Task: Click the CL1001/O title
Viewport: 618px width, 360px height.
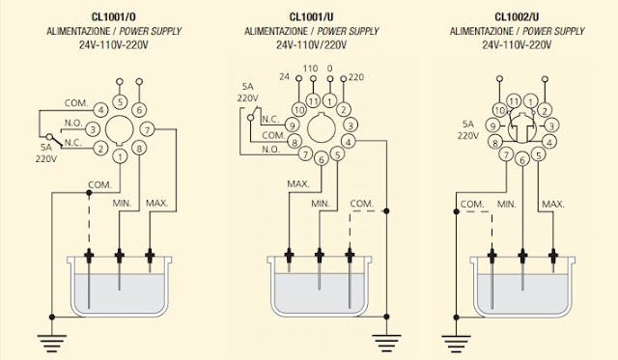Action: coord(114,17)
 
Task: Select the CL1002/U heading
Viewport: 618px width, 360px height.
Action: coord(517,17)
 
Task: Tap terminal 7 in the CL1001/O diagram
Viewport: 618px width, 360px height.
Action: coord(147,129)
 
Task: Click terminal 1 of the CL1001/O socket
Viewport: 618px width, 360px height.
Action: coord(120,156)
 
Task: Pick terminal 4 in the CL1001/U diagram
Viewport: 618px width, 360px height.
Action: coord(349,141)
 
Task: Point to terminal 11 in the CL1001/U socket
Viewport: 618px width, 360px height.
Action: coord(313,101)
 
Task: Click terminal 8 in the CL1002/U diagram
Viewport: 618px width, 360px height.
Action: coord(495,142)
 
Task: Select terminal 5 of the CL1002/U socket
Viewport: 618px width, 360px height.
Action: coord(539,155)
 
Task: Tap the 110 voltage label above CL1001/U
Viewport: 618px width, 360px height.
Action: coord(310,69)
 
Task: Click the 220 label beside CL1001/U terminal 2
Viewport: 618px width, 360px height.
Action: coord(356,77)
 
